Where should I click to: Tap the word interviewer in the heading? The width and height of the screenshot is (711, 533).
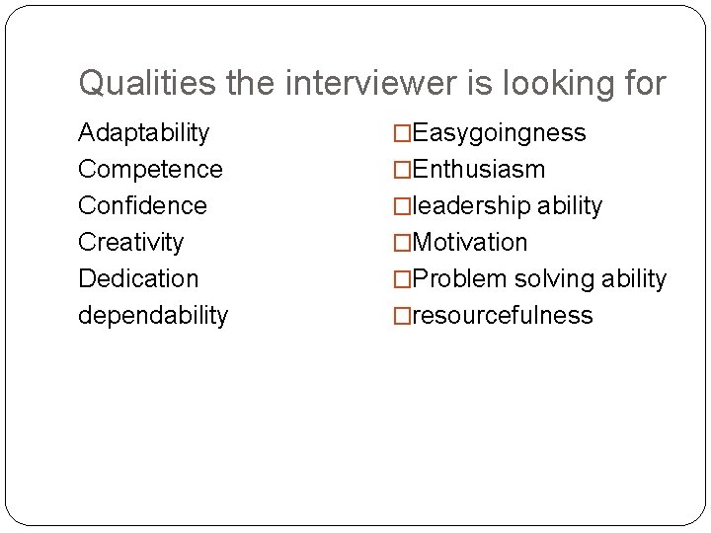[x=370, y=83]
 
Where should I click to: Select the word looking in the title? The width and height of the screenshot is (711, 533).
[x=553, y=83]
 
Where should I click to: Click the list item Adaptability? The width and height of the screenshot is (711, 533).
[x=143, y=132]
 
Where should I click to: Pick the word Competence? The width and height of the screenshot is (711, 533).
[x=150, y=169]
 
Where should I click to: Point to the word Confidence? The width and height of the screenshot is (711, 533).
[x=142, y=205]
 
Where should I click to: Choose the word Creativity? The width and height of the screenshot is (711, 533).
[x=130, y=242]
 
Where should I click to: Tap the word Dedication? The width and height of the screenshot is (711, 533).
[x=138, y=278]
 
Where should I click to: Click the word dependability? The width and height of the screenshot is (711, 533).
[x=153, y=315]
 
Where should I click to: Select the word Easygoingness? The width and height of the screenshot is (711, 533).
[x=499, y=132]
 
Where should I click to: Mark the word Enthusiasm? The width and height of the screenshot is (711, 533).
[x=478, y=169]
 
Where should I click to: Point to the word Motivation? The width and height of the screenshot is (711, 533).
[x=470, y=242]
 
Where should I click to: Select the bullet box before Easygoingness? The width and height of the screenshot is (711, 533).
[x=402, y=132]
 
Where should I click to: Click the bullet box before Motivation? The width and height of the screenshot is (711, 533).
[x=402, y=242]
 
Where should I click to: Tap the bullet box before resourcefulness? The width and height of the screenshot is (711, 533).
[x=402, y=315]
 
